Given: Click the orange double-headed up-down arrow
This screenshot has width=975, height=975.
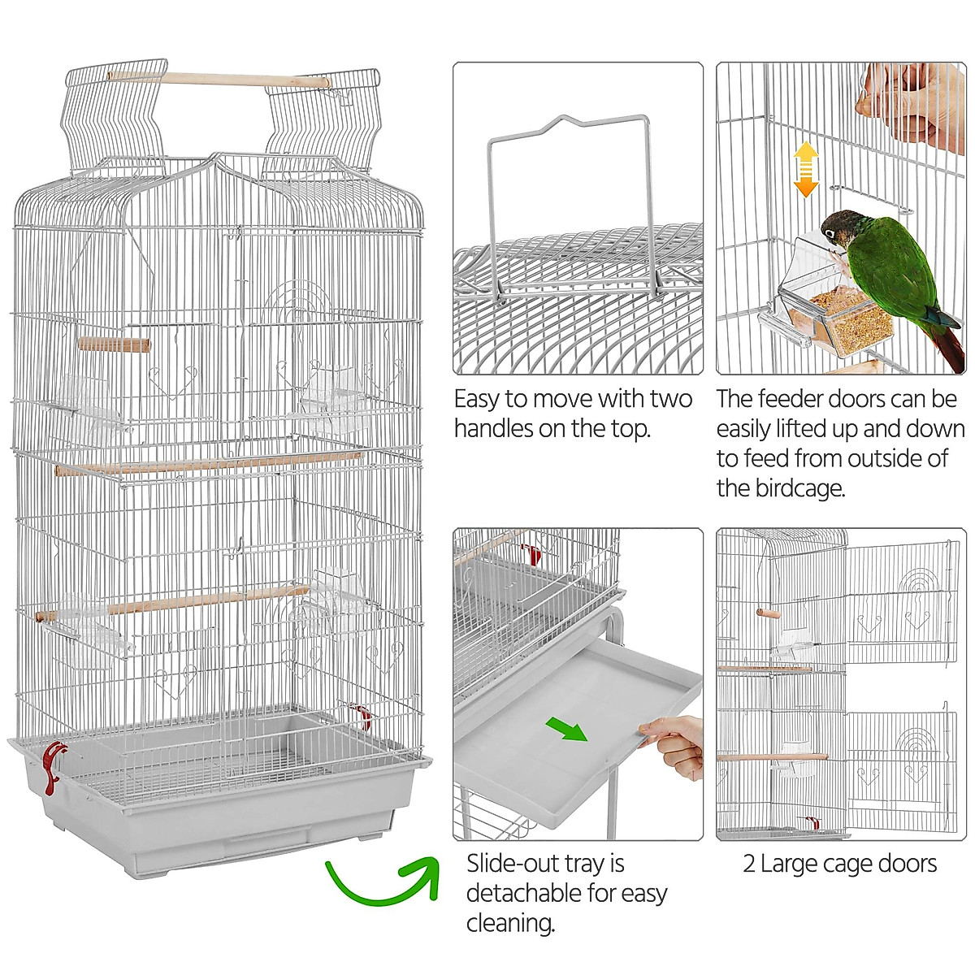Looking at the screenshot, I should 805,170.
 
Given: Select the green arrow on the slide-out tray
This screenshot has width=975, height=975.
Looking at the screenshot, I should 566,729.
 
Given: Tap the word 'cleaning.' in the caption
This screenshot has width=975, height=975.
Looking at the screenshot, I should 510,923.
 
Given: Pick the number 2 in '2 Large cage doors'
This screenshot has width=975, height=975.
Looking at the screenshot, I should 749,864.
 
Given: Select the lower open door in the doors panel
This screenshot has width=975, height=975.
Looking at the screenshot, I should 898,768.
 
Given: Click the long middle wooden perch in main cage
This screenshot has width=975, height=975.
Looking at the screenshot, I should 208,463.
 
